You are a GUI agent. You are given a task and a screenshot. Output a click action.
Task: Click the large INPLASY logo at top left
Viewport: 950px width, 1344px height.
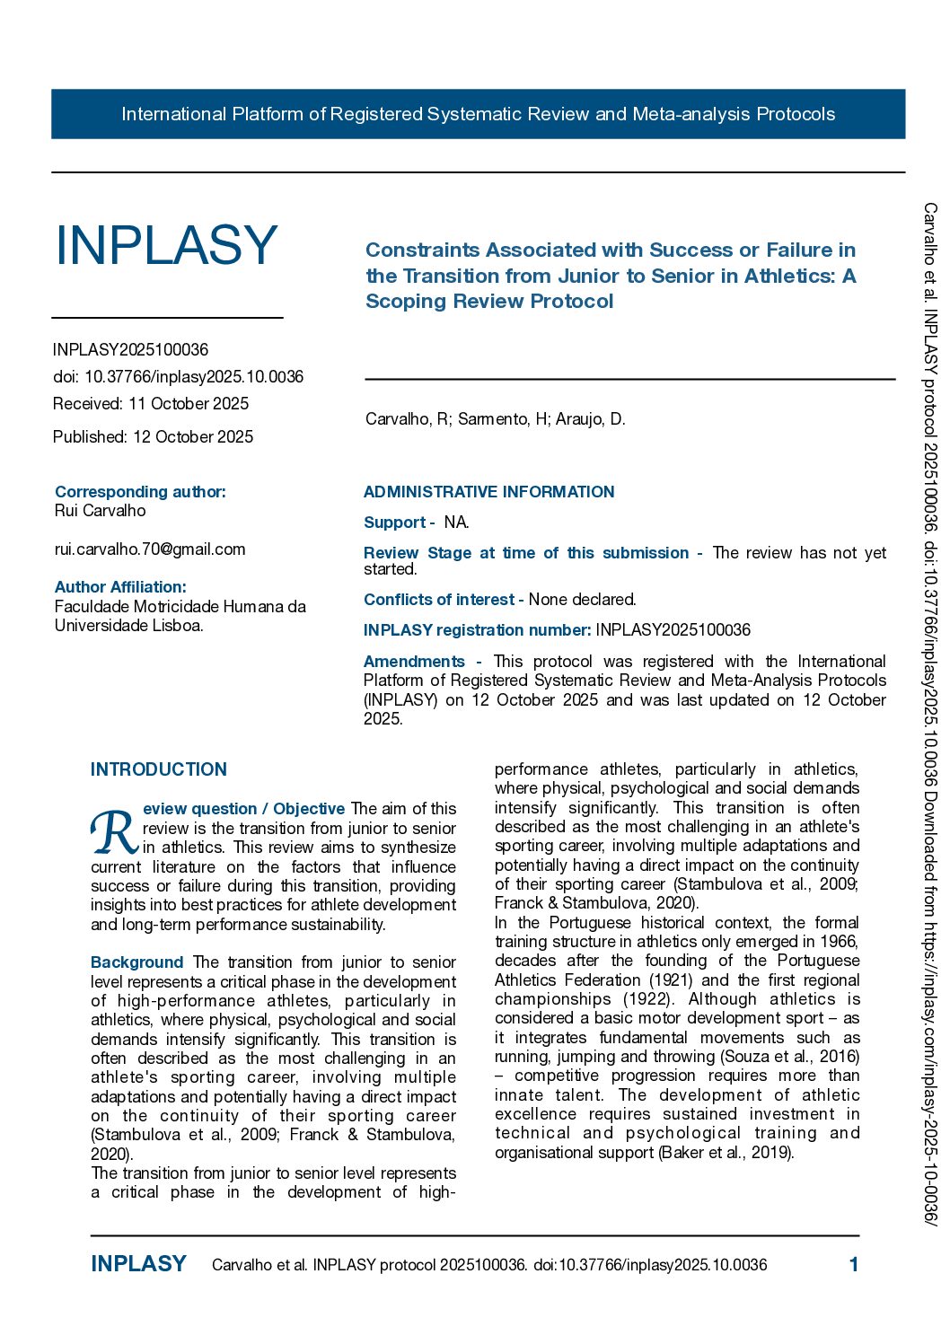(x=166, y=245)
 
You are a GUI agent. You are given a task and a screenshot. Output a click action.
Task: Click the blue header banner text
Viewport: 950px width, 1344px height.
(x=478, y=114)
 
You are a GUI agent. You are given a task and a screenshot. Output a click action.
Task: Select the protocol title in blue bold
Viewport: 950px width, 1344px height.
(x=611, y=276)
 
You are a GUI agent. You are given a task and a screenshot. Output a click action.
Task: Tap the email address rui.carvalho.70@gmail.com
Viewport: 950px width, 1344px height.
(x=150, y=549)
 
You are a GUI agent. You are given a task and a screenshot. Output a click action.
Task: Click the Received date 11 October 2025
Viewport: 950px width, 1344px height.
(x=151, y=404)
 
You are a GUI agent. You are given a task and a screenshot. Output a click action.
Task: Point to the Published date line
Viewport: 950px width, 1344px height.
(x=153, y=437)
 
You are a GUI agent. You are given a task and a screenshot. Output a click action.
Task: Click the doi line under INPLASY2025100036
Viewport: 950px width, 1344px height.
(x=178, y=377)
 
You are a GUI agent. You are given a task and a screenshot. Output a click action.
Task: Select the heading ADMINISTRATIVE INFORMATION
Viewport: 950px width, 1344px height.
(x=488, y=492)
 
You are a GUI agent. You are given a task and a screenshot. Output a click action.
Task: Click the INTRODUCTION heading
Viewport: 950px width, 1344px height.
(x=159, y=769)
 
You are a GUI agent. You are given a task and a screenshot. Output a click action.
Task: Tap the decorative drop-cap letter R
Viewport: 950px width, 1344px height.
(x=114, y=833)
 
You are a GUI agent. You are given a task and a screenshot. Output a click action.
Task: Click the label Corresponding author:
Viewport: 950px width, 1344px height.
(x=140, y=492)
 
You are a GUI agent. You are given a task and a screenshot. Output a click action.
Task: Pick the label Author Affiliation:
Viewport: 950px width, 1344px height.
(x=120, y=587)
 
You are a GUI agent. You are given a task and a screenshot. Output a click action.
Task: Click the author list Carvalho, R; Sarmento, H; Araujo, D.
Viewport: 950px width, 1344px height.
(x=495, y=419)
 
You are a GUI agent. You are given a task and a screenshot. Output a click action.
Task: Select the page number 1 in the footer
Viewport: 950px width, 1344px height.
(x=853, y=1265)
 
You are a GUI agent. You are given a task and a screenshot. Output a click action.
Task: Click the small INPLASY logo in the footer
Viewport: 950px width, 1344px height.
(x=138, y=1264)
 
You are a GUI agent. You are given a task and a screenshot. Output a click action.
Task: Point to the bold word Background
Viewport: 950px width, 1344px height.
(x=136, y=962)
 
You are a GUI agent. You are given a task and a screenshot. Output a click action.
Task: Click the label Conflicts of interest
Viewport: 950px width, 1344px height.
(x=439, y=600)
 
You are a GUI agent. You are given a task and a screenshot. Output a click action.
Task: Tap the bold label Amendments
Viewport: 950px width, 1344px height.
(x=414, y=662)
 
